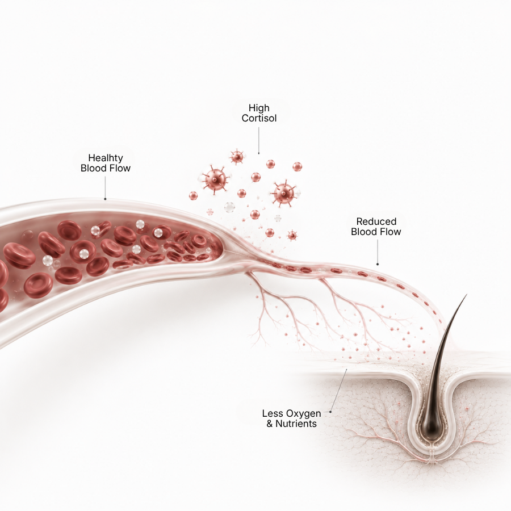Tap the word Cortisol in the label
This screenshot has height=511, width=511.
pyautogui.click(x=259, y=118)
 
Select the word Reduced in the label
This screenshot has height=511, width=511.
pyautogui.click(x=376, y=221)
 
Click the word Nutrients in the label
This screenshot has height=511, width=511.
pyautogui.click(x=296, y=424)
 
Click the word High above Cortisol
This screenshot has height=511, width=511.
pyautogui.click(x=259, y=108)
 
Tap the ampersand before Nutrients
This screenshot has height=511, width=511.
pyautogui.click(x=270, y=424)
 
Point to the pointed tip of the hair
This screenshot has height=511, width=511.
pyautogui.click(x=466, y=295)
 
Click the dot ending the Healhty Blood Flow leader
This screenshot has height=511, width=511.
pyautogui.click(x=105, y=199)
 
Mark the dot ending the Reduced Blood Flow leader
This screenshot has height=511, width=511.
pyautogui.click(x=378, y=264)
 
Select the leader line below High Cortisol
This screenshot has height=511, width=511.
pyautogui.click(x=259, y=140)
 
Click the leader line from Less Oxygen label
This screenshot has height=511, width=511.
pyautogui.click(x=339, y=391)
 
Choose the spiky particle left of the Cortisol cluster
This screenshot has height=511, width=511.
pyautogui.click(x=215, y=179)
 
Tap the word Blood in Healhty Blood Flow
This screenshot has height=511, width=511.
pyautogui.click(x=94, y=168)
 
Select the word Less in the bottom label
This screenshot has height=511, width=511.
pyautogui.click(x=270, y=414)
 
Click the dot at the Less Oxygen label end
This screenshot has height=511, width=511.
pyautogui.click(x=330, y=412)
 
